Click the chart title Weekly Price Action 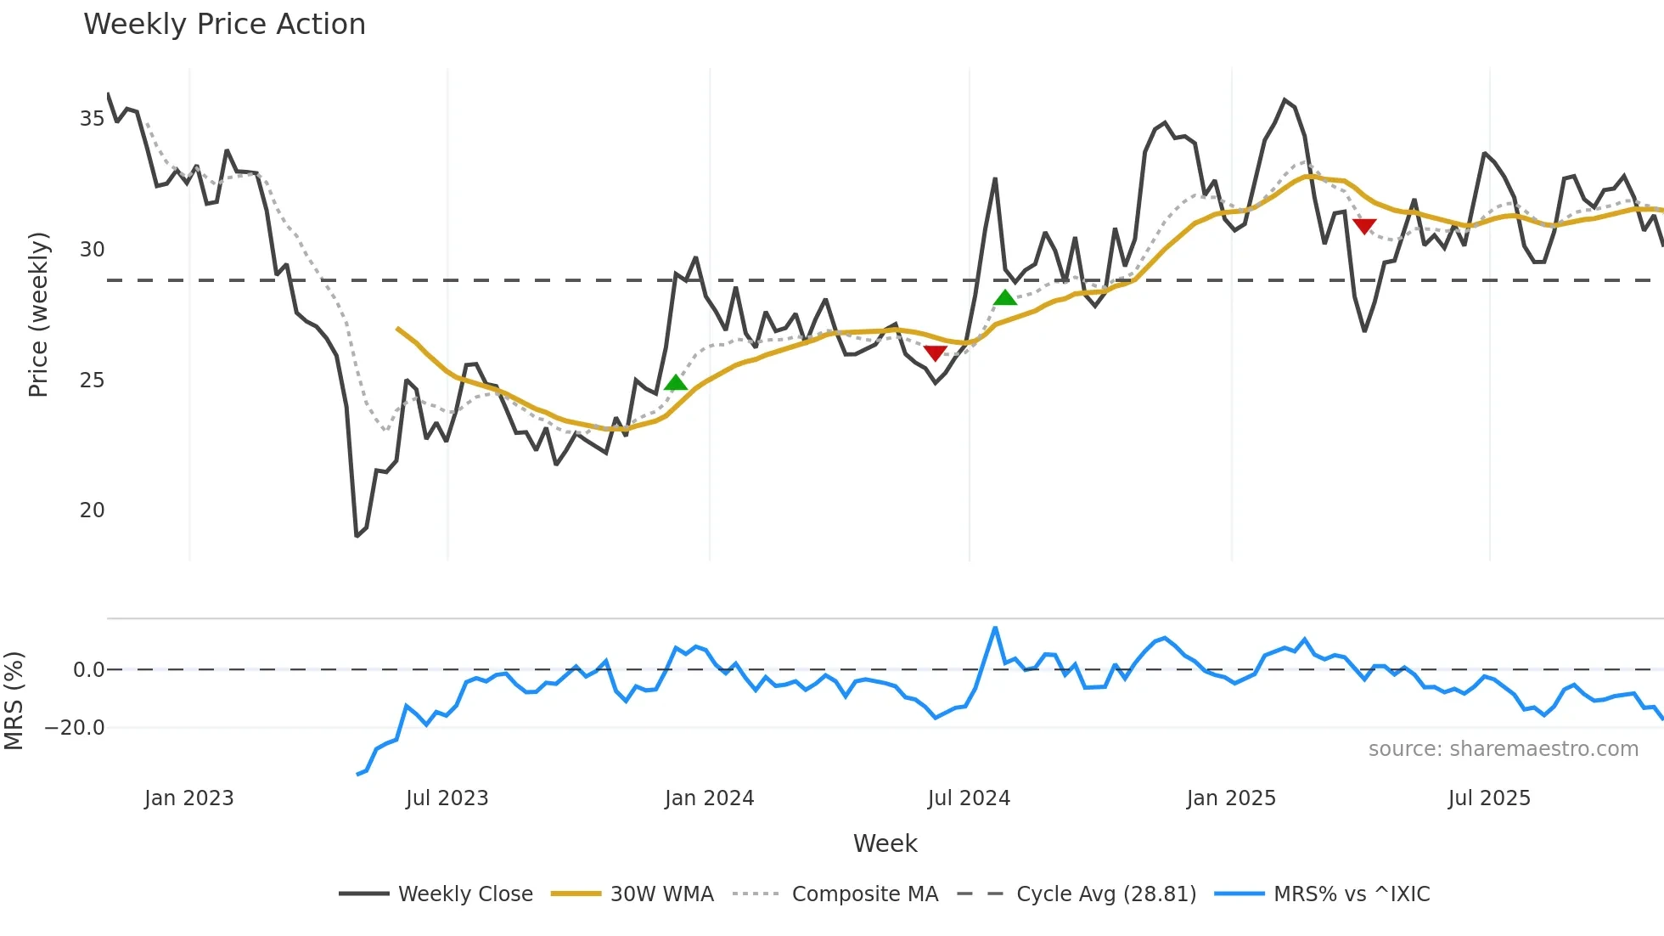click(x=224, y=25)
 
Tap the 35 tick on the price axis click(x=92, y=119)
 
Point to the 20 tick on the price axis click(x=92, y=510)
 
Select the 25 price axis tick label click(x=92, y=381)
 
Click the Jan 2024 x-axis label click(x=709, y=798)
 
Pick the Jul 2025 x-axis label click(x=1489, y=798)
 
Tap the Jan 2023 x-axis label click(x=188, y=798)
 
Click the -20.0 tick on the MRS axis click(x=75, y=728)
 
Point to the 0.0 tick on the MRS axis click(x=88, y=670)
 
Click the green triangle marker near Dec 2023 click(x=676, y=383)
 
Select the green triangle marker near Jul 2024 click(x=1005, y=297)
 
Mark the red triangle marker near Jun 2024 click(x=935, y=352)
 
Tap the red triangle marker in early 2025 click(x=1364, y=226)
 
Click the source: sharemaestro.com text click(x=1503, y=749)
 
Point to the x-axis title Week click(x=885, y=843)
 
